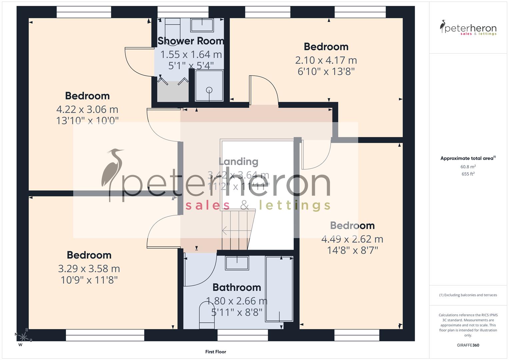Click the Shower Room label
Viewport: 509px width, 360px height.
tap(191, 41)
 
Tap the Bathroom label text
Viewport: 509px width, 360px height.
tap(237, 287)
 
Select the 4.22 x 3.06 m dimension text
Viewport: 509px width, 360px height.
tap(87, 109)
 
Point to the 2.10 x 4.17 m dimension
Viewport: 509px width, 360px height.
tap(326, 60)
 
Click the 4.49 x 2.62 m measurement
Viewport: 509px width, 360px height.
tap(352, 239)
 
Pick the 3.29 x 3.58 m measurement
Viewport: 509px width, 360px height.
tap(89, 269)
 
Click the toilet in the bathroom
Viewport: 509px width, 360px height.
tap(207, 315)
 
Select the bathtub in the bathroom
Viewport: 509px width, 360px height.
tap(279, 289)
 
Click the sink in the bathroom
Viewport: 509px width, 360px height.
tap(237, 263)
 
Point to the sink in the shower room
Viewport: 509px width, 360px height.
tap(202, 25)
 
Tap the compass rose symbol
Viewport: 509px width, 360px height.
tap(23, 337)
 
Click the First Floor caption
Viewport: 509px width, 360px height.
tap(216, 352)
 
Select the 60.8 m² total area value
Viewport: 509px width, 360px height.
tap(468, 167)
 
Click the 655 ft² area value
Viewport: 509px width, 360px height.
tap(468, 174)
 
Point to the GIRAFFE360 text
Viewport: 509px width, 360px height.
tap(468, 345)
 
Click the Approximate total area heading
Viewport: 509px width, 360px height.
tap(467, 158)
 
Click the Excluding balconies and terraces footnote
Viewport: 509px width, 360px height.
tap(468, 295)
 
